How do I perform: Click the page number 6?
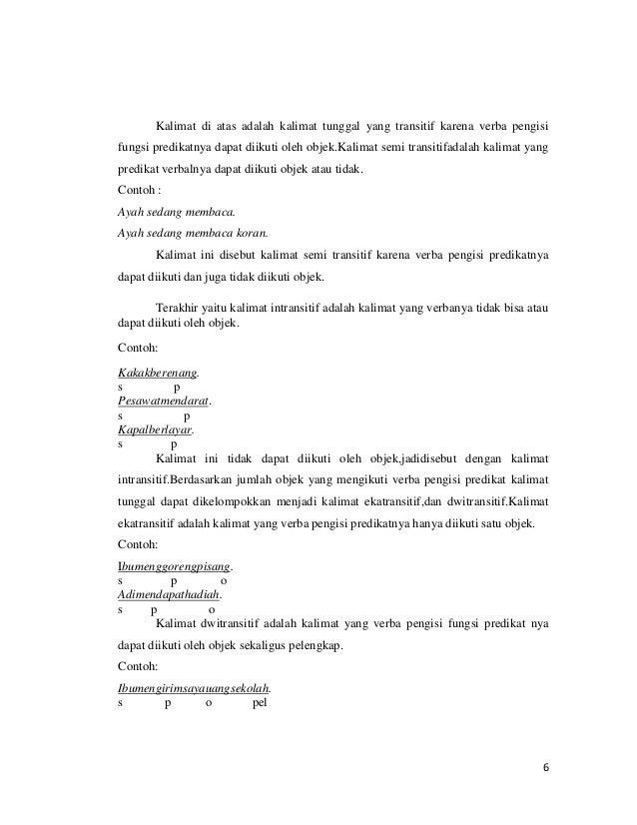click(545, 770)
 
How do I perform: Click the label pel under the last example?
click(262, 702)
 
